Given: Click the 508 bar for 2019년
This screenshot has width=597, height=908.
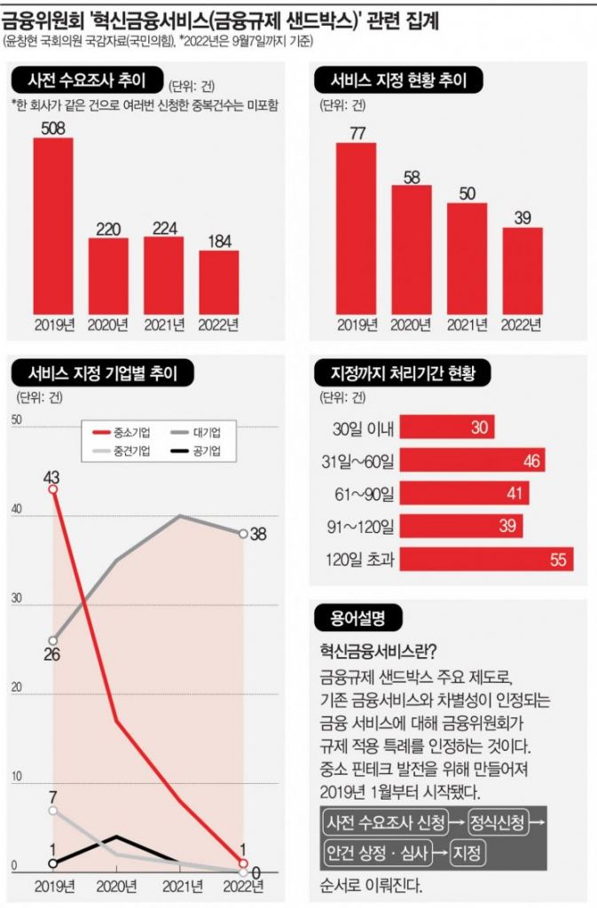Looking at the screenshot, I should pyautogui.click(x=53, y=226).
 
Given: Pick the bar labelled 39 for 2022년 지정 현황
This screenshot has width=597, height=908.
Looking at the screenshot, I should pyautogui.click(x=522, y=270).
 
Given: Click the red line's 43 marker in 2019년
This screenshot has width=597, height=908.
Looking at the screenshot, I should pyautogui.click(x=53, y=489).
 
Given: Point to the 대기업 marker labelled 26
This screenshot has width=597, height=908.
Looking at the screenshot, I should pyautogui.click(x=53, y=640).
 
